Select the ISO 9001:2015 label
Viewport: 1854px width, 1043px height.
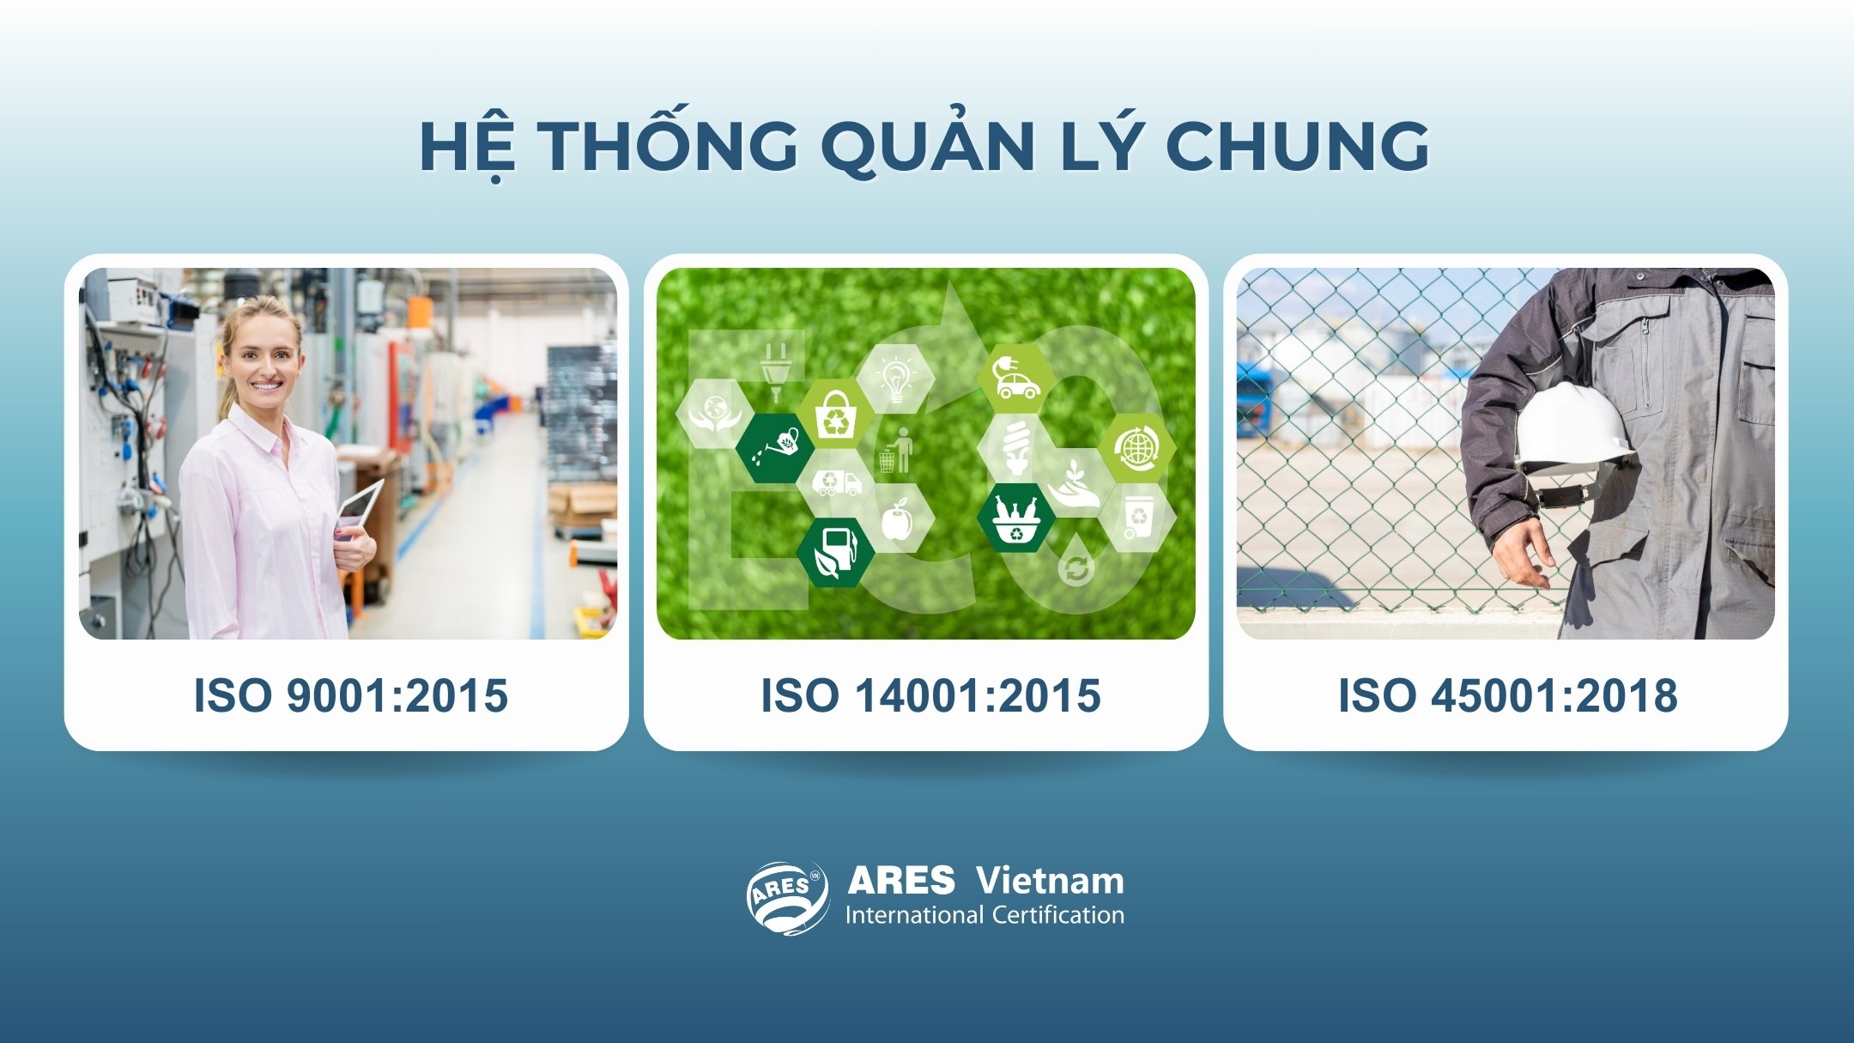[350, 695]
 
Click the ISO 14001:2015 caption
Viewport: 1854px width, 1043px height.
[930, 695]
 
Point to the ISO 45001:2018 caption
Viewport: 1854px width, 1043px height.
[1507, 695]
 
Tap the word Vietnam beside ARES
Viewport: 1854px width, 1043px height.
[1050, 881]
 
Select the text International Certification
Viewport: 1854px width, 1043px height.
[985, 915]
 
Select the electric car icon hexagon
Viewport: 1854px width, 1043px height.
[1016, 379]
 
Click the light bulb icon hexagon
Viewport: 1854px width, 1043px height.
[895, 379]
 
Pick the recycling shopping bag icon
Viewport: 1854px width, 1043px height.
[835, 415]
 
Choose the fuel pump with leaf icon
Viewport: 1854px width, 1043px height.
[835, 552]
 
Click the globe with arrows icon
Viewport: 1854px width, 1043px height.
[1136, 447]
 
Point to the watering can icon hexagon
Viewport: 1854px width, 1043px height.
[774, 447]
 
